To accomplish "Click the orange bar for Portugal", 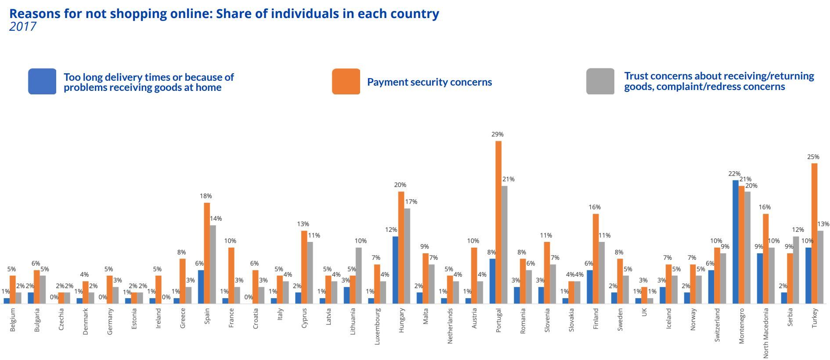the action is pos(498,222).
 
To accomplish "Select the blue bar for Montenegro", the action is pos(736,242).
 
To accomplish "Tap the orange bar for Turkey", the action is pos(814,234).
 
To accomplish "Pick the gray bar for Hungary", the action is pos(407,256).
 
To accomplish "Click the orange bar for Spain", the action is pos(207,253).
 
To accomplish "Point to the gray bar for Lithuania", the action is pos(359,276).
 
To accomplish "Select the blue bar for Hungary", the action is pos(395,270).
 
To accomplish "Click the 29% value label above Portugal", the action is pos(498,134).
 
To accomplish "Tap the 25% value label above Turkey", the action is pos(813,157).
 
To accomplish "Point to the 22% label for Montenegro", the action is pos(734,174).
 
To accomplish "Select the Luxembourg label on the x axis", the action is pos(377,326).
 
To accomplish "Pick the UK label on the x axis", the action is pos(644,312).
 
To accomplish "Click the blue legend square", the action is pos(42,81).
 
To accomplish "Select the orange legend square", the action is pos(346,81).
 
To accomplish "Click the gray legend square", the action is pos(600,81).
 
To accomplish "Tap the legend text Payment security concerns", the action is pos(429,82).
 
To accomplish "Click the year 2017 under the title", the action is pos(23,26).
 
